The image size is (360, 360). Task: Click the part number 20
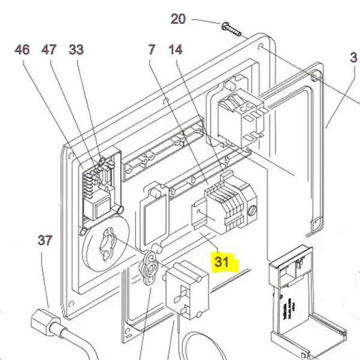pos(178,19)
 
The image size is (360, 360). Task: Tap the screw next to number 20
pos(230,27)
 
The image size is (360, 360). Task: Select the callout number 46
pos(22,49)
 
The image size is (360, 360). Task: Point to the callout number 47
pos(49,49)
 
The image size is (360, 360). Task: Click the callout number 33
pos(76,49)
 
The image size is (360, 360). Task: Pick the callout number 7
pos(151,49)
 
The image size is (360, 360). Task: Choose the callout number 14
pos(175,49)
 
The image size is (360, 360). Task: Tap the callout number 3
pos(353,59)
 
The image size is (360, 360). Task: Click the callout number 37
pos(45,241)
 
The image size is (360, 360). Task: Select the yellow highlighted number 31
pos(222,262)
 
